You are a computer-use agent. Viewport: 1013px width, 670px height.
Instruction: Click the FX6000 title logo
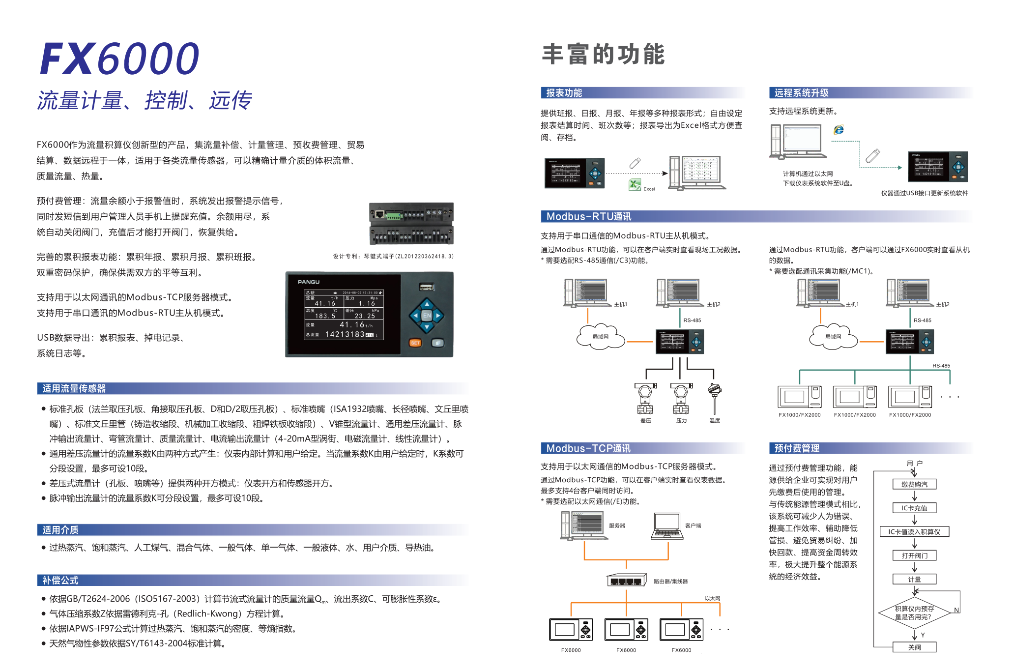pyautogui.click(x=119, y=58)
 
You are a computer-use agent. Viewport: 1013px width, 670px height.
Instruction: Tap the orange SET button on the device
pyautogui.click(x=415, y=343)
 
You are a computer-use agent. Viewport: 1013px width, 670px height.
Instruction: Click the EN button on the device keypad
pyautogui.click(x=427, y=316)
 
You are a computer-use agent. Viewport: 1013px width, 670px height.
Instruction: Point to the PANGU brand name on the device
pyautogui.click(x=309, y=282)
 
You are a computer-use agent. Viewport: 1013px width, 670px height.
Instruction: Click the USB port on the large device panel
pyautogui.click(x=426, y=287)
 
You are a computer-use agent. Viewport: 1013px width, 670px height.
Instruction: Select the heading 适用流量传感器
pyautogui.click(x=74, y=388)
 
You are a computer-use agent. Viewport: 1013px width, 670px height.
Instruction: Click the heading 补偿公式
pyautogui.click(x=60, y=580)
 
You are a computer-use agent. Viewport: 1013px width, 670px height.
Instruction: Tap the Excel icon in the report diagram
pyautogui.click(x=635, y=185)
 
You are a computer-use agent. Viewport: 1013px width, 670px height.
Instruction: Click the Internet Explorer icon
pyautogui.click(x=839, y=129)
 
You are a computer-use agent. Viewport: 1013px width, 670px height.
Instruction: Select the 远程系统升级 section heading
pyautogui.click(x=801, y=93)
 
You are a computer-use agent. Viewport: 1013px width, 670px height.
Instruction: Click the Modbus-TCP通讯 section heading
pyautogui.click(x=588, y=448)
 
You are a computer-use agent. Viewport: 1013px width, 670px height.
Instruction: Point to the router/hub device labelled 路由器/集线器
pyautogui.click(x=626, y=581)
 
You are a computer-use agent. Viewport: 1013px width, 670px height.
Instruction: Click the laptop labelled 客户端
pyautogui.click(x=667, y=526)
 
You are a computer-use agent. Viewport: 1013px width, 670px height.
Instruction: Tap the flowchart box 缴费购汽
pyautogui.click(x=914, y=484)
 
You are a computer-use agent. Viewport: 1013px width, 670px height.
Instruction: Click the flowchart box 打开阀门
pyautogui.click(x=914, y=555)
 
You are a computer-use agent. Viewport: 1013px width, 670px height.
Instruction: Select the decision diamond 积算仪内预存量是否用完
pyautogui.click(x=914, y=612)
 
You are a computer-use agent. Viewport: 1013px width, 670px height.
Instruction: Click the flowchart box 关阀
pyautogui.click(x=914, y=647)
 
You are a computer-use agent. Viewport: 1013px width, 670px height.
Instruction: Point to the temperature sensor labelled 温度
pyautogui.click(x=714, y=397)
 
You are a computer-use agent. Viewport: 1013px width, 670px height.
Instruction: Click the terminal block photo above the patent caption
pyautogui.click(x=411, y=224)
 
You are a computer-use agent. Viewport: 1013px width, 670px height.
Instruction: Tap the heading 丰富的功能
pyautogui.click(x=603, y=54)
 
